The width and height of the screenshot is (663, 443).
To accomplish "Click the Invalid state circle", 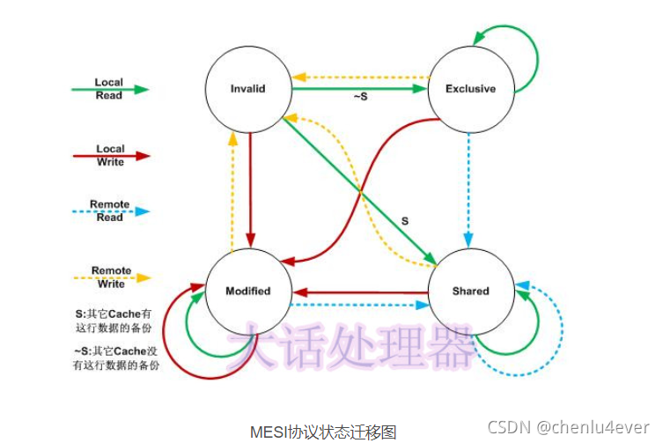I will coord(247,89).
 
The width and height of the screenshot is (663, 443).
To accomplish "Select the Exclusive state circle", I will coord(470,89).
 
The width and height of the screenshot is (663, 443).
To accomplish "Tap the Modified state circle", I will coord(247,291).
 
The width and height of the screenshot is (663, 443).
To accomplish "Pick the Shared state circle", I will coord(470,291).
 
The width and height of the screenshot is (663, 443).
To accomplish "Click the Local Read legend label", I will coord(109,88).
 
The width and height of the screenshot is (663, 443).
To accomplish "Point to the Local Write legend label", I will coord(110,155).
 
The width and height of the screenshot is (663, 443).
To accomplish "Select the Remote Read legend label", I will coord(110,210).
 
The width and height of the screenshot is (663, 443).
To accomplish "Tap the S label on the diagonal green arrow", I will coord(404,219).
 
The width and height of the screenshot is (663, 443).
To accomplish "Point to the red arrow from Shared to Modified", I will coord(361,292).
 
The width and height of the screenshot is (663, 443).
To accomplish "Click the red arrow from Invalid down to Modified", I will coord(251,189).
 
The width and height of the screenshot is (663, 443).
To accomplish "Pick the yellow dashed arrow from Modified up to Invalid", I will coord(233,189).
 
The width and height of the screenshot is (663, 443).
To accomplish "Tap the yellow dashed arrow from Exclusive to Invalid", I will coord(361,78).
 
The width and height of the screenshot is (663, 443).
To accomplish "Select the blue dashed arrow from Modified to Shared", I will coord(361,306).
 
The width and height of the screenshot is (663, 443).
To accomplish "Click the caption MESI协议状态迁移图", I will coord(323,432).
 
